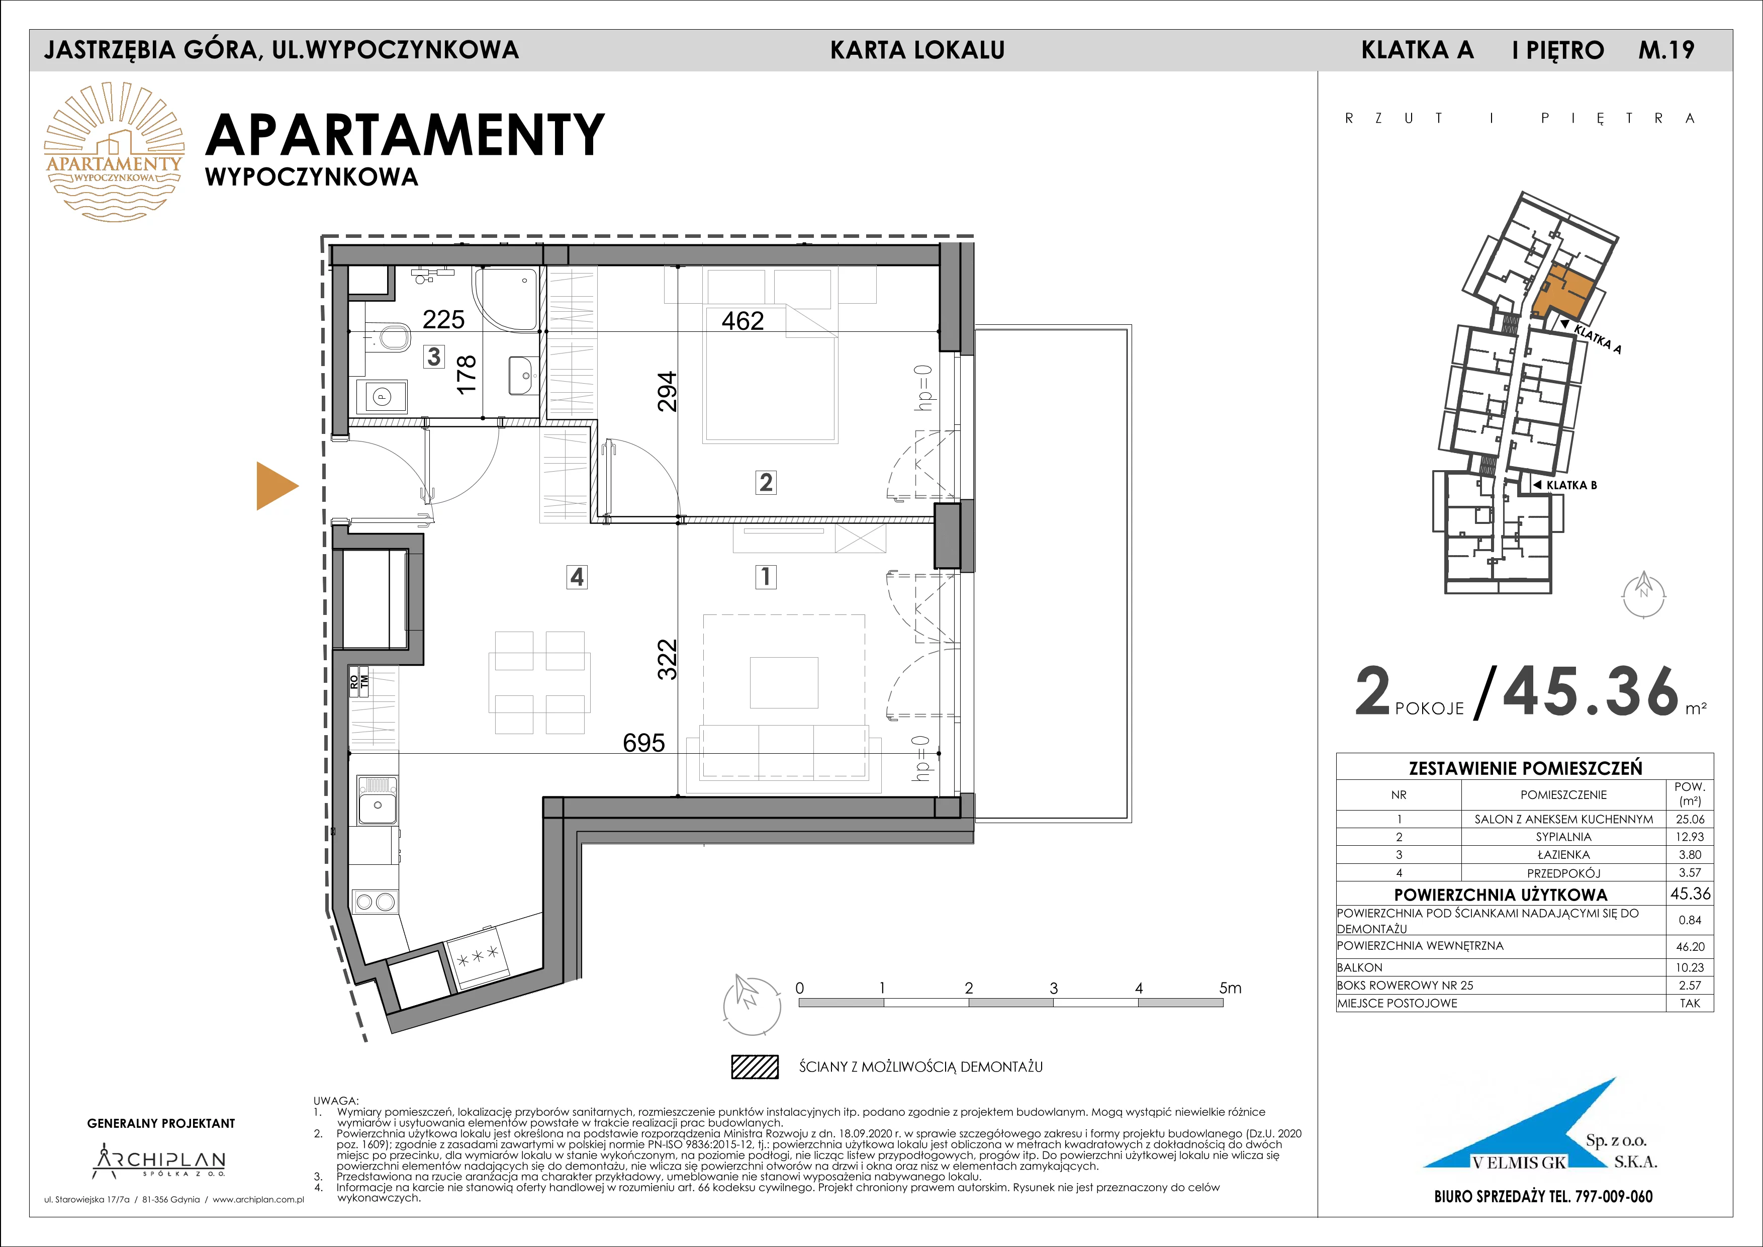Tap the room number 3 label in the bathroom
click(435, 357)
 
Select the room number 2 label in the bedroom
click(766, 482)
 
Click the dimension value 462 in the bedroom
click(743, 320)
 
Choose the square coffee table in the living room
click(784, 682)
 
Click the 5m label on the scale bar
click(1229, 988)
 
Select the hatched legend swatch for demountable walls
click(754, 1066)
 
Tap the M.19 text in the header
click(1666, 50)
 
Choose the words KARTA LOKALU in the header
click(917, 50)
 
